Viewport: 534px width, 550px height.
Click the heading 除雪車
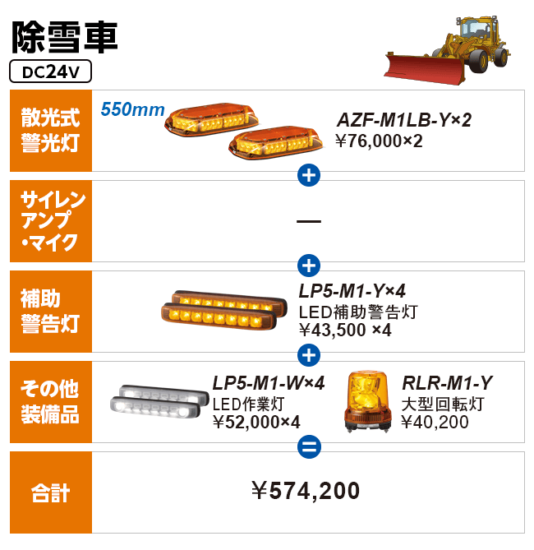(x=65, y=37)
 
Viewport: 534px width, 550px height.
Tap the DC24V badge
(x=50, y=72)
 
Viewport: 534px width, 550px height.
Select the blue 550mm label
(x=132, y=109)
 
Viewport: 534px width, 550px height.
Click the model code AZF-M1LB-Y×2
(x=404, y=120)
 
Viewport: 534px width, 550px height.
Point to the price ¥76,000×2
(x=379, y=141)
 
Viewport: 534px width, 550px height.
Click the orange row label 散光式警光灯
(x=50, y=131)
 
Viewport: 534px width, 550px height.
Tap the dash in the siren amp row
(x=309, y=221)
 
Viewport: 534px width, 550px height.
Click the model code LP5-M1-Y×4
(x=352, y=291)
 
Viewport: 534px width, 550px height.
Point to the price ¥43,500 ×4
(x=345, y=330)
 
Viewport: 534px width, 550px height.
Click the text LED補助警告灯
(x=358, y=312)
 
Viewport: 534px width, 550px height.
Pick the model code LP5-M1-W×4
(x=269, y=383)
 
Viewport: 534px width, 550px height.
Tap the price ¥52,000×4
(x=256, y=422)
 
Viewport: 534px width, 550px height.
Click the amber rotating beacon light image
(x=368, y=401)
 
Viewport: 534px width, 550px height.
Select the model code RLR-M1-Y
(x=448, y=383)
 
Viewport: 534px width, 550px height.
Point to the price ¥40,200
(x=435, y=422)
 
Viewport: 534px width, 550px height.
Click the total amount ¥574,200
(x=306, y=490)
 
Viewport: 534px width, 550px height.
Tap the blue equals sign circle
(x=309, y=446)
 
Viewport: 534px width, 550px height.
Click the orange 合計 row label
(x=50, y=492)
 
